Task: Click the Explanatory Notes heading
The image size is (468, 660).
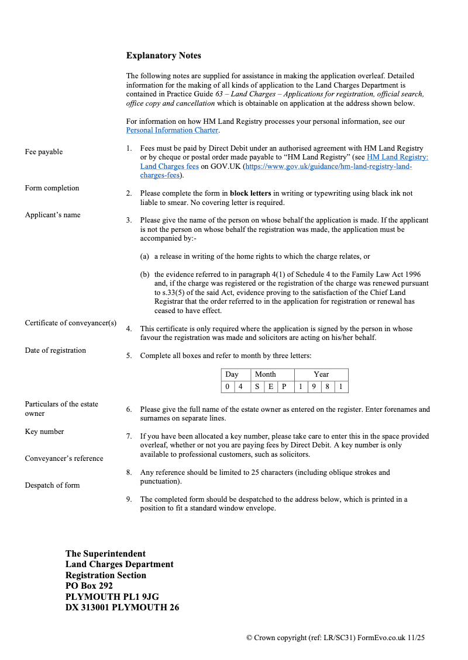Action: [163, 55]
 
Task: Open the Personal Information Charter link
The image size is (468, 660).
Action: [172, 130]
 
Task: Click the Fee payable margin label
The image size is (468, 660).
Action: [43, 152]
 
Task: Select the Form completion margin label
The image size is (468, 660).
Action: [51, 188]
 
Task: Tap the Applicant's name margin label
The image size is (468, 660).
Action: [52, 215]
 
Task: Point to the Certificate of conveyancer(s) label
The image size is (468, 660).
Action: [70, 323]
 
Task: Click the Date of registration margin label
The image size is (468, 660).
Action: [55, 350]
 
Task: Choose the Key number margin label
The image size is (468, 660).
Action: [44, 432]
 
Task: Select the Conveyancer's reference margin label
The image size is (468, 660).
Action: [64, 458]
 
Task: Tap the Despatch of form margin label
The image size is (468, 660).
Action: [52, 485]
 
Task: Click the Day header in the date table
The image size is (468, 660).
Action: [232, 374]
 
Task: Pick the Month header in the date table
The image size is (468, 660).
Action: [265, 374]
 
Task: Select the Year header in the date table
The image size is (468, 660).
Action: [321, 374]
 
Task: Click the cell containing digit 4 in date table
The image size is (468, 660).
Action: [240, 387]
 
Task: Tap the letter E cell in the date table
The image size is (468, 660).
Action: [270, 387]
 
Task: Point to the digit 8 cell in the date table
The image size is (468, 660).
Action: [327, 387]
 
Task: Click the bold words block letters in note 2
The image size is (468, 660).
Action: [250, 193]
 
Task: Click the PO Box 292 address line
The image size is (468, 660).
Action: [89, 586]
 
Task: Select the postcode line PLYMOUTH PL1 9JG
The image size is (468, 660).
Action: [112, 596]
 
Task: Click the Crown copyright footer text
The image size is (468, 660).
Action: [335, 638]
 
